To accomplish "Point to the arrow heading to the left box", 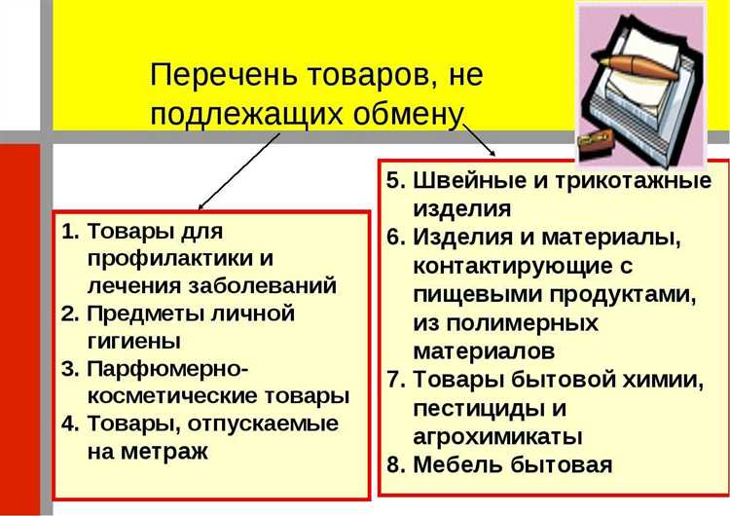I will (x=238, y=170).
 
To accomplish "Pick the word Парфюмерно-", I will (x=167, y=369).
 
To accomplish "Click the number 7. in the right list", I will (x=394, y=378).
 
